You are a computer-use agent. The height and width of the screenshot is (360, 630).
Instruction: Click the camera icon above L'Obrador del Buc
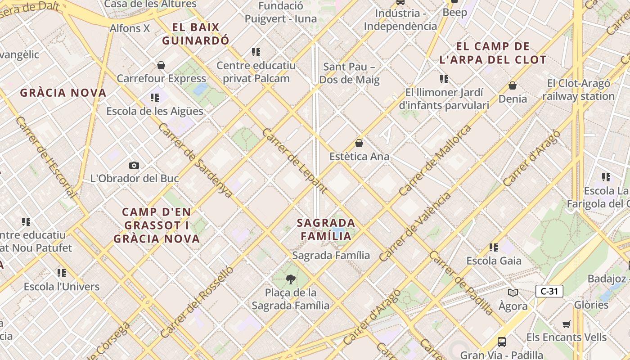tap(134, 166)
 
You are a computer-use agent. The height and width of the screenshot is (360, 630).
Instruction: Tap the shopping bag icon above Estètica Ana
tap(359, 144)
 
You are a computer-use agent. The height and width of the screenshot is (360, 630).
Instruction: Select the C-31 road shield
tap(549, 291)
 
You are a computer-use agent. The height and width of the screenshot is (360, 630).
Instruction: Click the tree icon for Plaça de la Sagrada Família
tap(290, 280)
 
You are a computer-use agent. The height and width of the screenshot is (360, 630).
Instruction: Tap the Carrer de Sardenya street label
tap(195, 160)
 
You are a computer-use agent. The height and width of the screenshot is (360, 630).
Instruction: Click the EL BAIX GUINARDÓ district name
tap(196, 34)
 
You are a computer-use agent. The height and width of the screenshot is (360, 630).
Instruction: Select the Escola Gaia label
tap(494, 261)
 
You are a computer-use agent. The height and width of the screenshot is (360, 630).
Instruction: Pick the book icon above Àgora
tap(513, 293)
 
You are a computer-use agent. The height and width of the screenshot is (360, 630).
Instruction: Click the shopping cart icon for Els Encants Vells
tap(566, 324)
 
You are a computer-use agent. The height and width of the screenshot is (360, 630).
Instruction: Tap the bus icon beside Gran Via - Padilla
tap(501, 342)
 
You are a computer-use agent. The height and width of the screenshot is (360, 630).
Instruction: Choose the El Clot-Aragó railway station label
tap(578, 90)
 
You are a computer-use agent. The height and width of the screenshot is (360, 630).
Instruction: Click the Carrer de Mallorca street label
tap(435, 160)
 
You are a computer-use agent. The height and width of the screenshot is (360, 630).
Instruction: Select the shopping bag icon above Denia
tap(512, 85)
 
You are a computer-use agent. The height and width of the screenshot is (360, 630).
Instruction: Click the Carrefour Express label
tap(161, 78)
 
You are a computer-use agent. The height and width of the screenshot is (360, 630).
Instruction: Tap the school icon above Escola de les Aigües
tap(155, 98)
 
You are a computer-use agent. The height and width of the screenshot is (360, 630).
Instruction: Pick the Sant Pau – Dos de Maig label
tap(349, 74)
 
